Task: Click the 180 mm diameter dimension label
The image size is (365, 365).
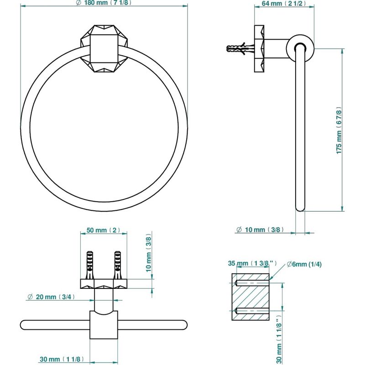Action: click(104, 3)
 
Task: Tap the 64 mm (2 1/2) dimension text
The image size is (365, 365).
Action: click(284, 4)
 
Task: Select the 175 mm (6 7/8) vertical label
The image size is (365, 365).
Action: click(339, 130)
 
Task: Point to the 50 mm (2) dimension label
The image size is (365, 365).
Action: click(104, 230)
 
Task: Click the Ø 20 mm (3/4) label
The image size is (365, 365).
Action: click(51, 297)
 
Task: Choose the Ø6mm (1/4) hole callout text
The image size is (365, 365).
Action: click(304, 264)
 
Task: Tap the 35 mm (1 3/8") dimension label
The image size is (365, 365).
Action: click(252, 263)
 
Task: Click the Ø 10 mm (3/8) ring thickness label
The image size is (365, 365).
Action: click(260, 230)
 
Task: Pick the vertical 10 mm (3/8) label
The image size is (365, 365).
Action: click(149, 253)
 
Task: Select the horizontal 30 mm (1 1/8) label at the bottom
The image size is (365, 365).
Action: click(62, 359)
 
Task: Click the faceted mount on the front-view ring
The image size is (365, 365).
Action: click(104, 48)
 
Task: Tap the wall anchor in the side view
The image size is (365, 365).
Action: click(240, 49)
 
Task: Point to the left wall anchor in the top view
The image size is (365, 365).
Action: click(90, 265)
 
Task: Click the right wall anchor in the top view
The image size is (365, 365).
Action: click(118, 265)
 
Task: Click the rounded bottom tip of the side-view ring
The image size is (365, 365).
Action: click(300, 208)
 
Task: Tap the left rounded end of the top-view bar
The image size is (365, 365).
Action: click(24, 325)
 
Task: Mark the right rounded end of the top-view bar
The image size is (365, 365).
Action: click(183, 325)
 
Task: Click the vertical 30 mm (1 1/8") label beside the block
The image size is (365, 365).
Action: click(279, 340)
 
